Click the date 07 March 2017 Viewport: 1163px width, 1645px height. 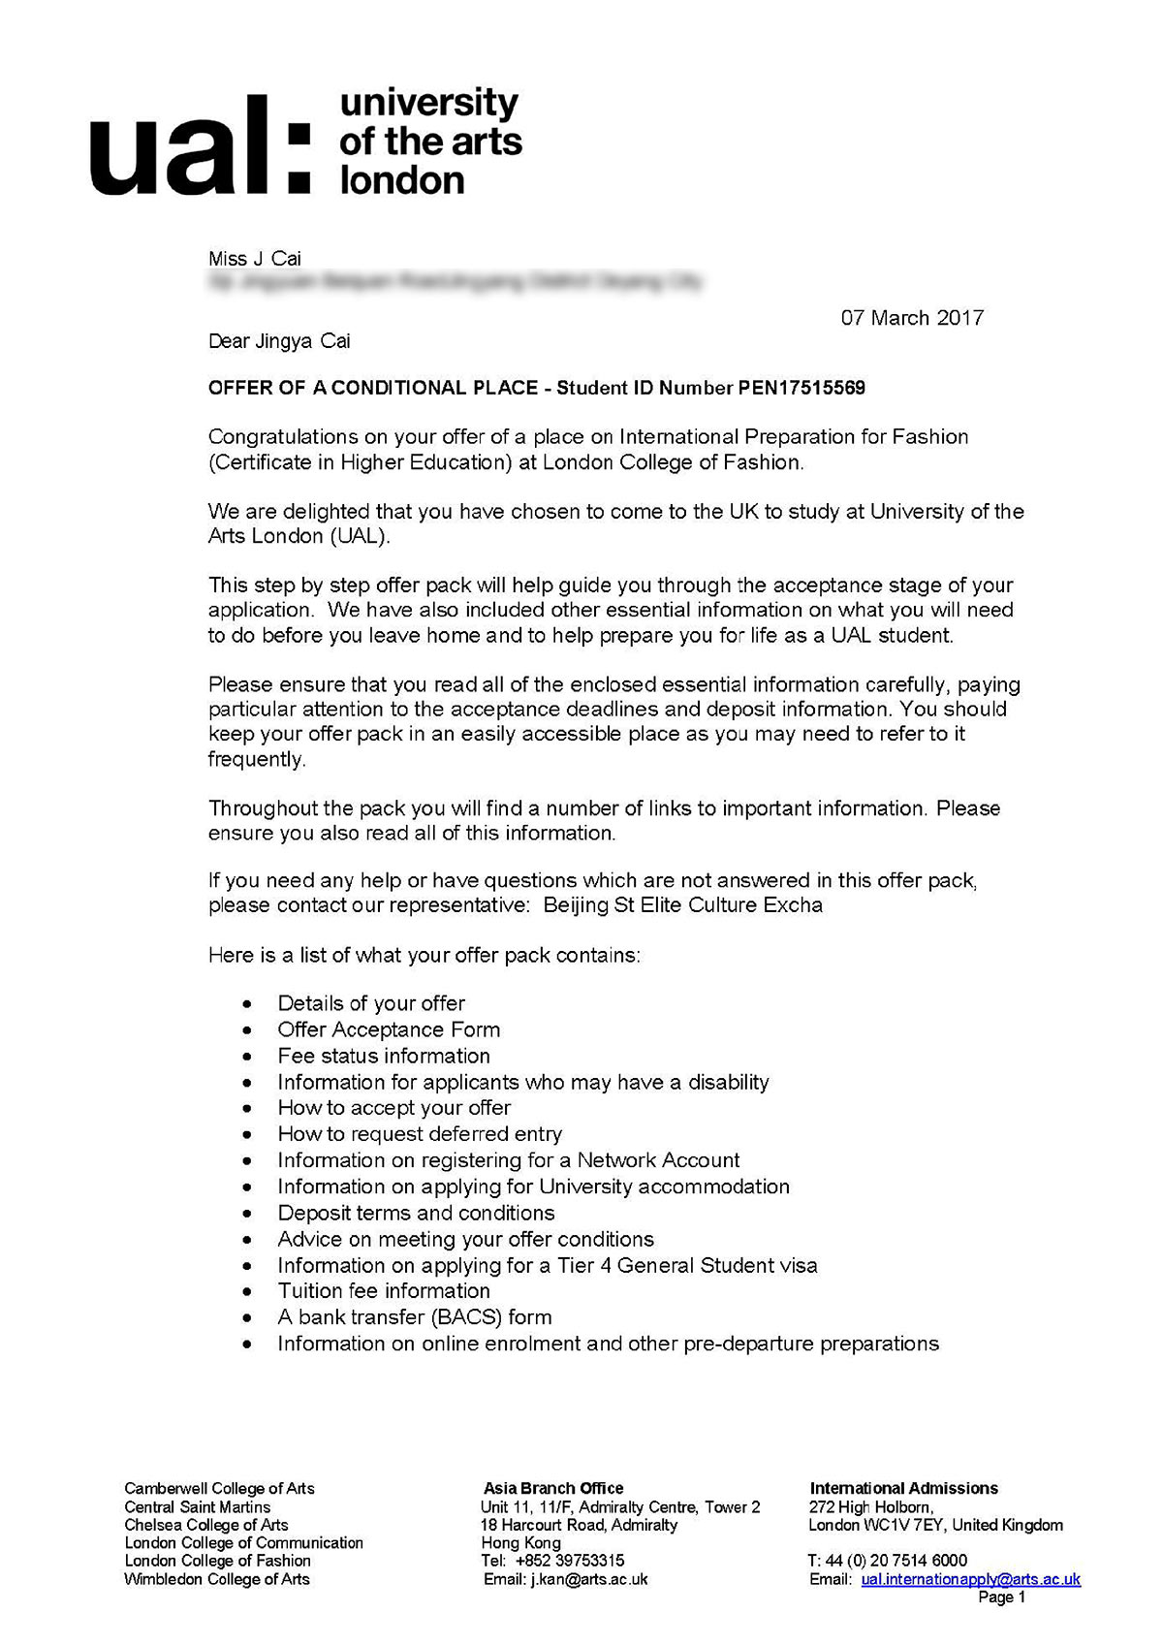(x=912, y=318)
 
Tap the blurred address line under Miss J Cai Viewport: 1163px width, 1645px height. (x=456, y=282)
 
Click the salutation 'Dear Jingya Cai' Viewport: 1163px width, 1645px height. (x=279, y=341)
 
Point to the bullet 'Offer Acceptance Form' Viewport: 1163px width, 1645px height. (x=389, y=1029)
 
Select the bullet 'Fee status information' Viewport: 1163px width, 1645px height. (x=384, y=1056)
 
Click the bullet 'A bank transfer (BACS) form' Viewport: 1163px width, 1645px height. (x=415, y=1317)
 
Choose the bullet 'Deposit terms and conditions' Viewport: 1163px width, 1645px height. (x=416, y=1213)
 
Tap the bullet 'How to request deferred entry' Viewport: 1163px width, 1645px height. (x=420, y=1134)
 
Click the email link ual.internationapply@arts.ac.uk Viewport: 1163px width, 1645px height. (x=970, y=1579)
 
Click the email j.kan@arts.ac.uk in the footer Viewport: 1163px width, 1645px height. (x=589, y=1579)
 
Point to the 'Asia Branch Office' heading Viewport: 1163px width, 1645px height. (x=553, y=1488)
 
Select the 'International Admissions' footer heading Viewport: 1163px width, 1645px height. (x=903, y=1488)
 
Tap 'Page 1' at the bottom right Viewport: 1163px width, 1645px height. (x=1001, y=1598)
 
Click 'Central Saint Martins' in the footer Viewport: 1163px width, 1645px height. (x=198, y=1506)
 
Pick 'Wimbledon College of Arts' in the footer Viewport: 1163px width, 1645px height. (x=217, y=1579)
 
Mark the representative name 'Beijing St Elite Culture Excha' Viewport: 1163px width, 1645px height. (x=682, y=905)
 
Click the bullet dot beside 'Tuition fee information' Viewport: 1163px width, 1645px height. (x=251, y=1292)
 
